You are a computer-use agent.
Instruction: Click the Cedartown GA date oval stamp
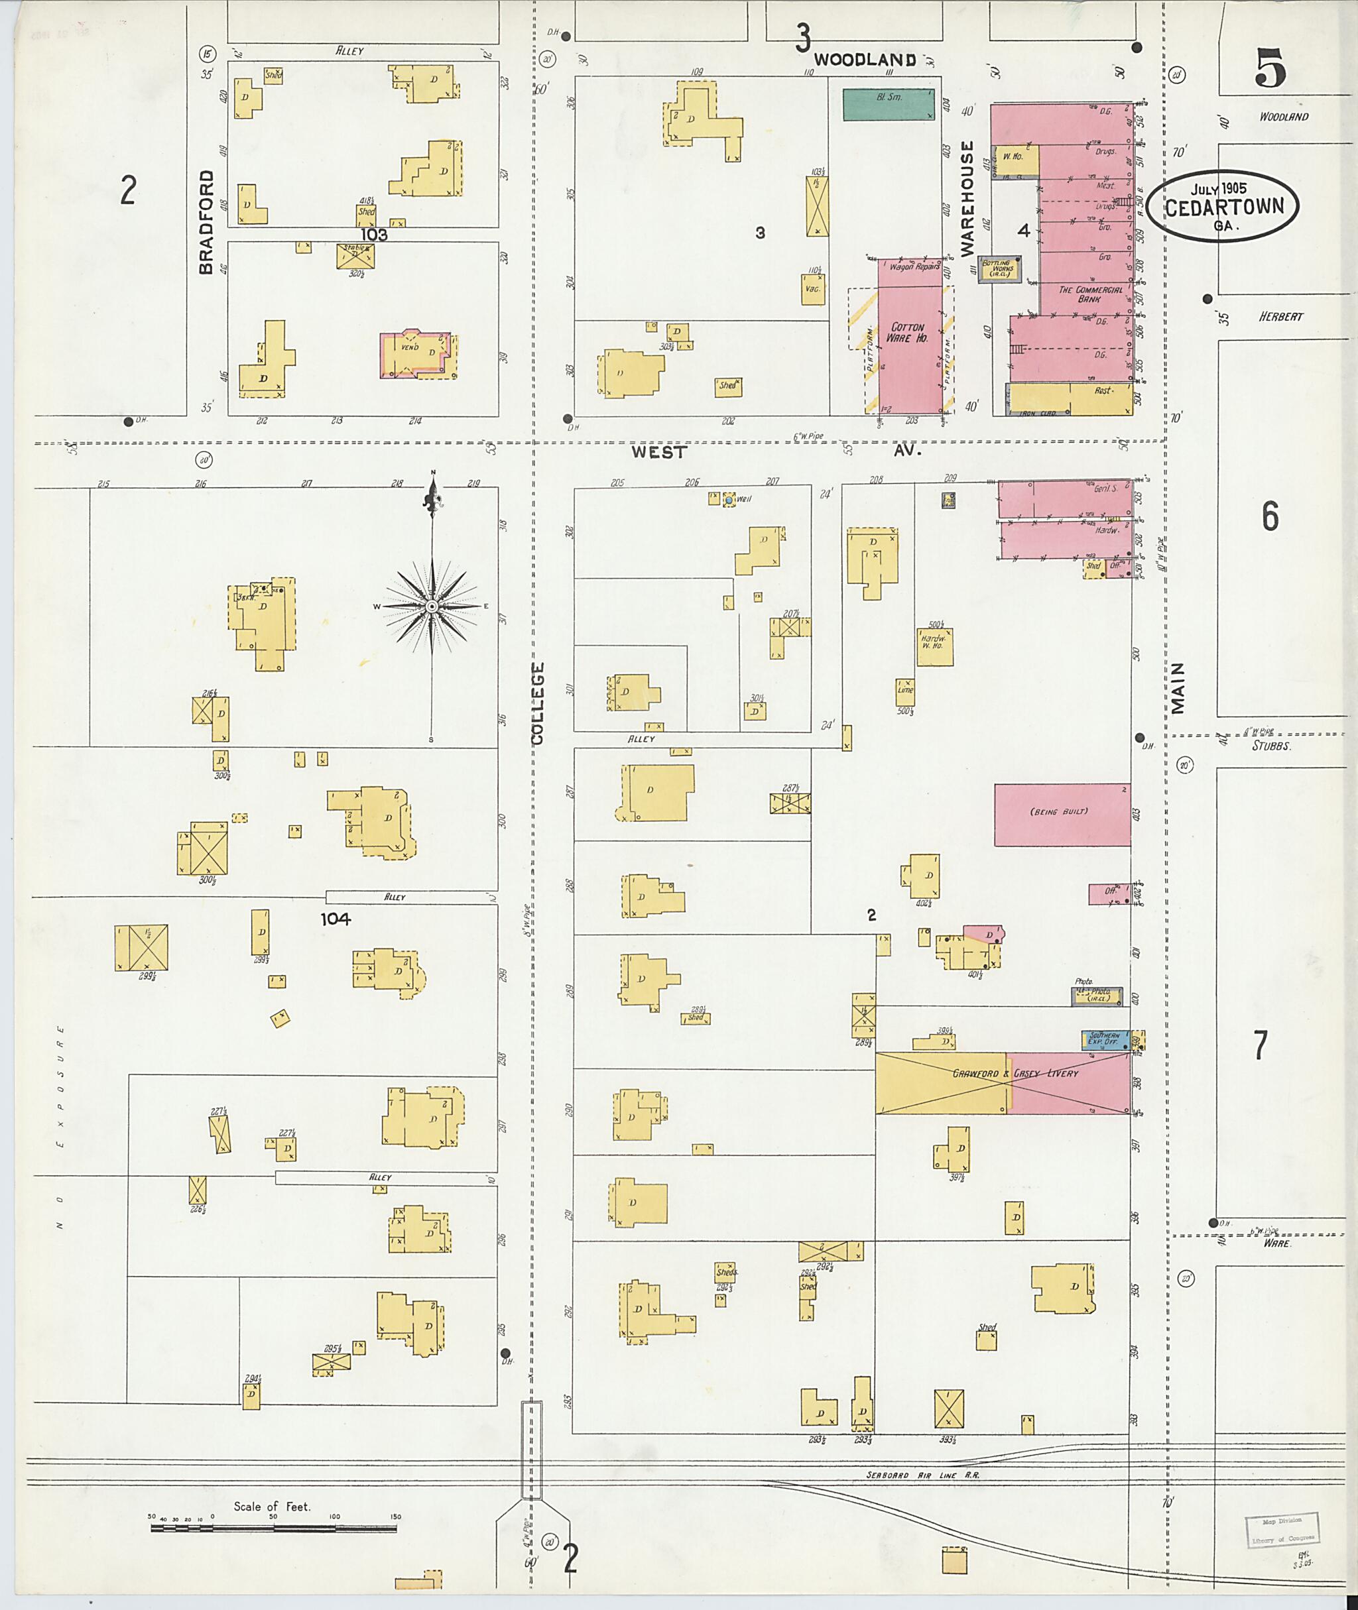point(1222,206)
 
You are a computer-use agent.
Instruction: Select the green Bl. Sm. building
point(889,104)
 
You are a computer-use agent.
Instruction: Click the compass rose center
point(432,606)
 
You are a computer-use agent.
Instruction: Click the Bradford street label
point(206,223)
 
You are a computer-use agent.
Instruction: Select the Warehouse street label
point(967,198)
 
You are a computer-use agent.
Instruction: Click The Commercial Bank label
point(1090,294)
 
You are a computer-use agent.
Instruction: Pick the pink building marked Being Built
point(1062,815)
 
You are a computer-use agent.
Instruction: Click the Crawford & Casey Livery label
point(1015,1073)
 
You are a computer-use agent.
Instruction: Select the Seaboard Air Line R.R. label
point(922,1475)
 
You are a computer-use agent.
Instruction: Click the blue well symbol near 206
point(728,500)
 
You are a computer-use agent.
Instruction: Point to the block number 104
point(336,918)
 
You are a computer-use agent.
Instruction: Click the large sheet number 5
point(1270,68)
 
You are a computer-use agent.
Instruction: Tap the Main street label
point(1177,689)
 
